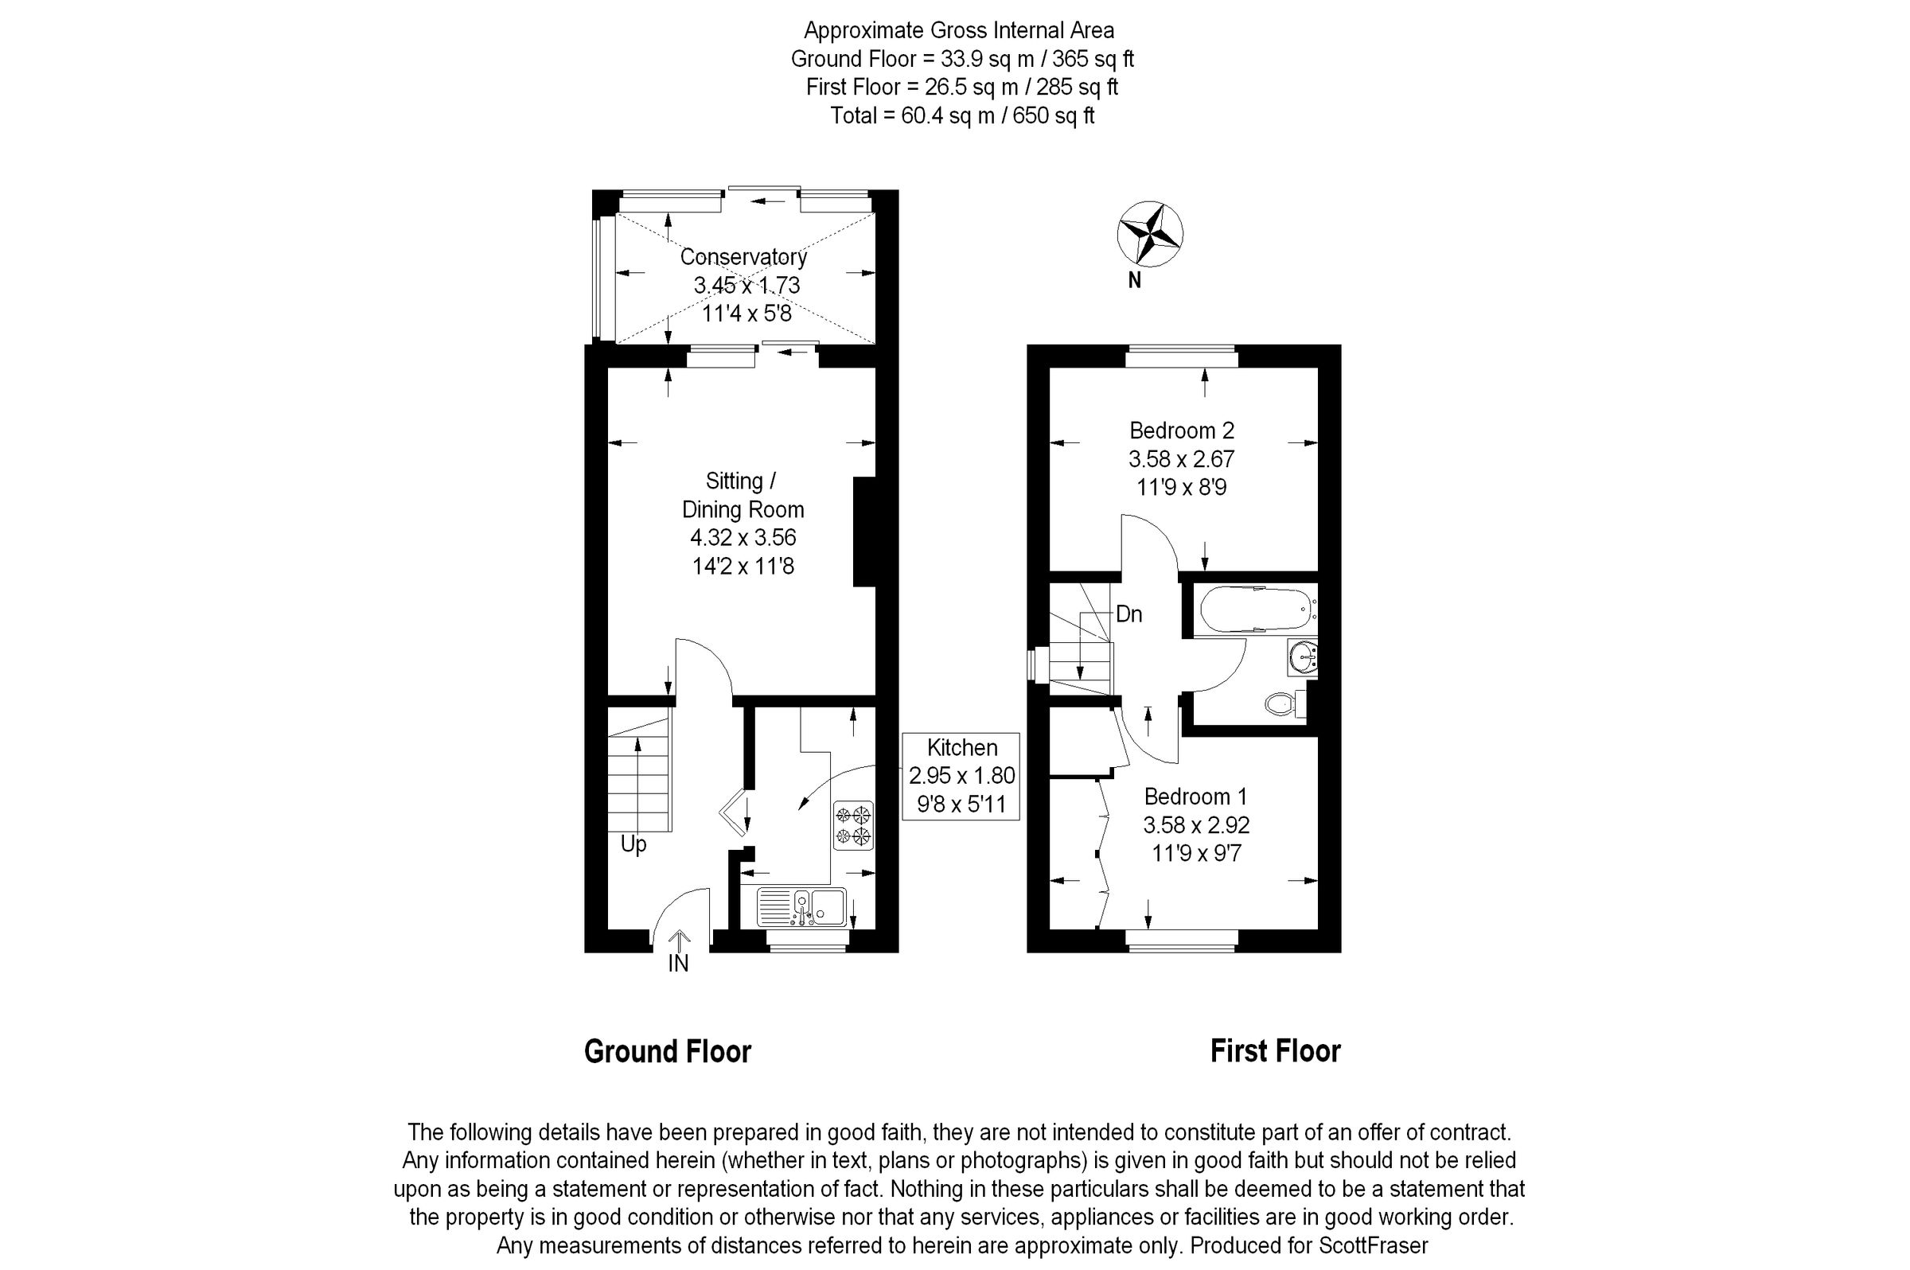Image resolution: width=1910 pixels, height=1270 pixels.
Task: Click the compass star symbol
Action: (x=1149, y=234)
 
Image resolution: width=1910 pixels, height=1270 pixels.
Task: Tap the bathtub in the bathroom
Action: (x=1254, y=609)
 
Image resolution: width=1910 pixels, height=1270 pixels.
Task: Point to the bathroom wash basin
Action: (x=1302, y=656)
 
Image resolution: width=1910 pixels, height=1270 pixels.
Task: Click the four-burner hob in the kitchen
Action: (x=854, y=825)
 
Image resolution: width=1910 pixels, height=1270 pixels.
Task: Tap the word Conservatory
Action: (x=743, y=257)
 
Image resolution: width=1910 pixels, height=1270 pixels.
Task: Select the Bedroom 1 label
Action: (x=1195, y=797)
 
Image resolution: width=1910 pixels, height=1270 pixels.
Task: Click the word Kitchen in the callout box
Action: (x=961, y=746)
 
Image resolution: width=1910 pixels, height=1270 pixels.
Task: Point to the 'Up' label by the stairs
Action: (x=633, y=845)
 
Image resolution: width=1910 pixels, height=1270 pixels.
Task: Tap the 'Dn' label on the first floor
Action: (x=1129, y=614)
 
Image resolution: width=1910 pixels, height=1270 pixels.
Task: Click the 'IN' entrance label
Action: (x=678, y=963)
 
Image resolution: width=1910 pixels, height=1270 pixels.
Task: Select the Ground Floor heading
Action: (x=668, y=1051)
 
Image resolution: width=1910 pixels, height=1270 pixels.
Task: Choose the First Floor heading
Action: (x=1275, y=1051)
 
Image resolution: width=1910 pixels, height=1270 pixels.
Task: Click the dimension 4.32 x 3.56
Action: (x=743, y=537)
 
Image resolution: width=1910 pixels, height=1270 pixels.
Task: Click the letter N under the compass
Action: (x=1135, y=280)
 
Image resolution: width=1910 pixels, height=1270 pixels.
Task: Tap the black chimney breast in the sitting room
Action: (x=865, y=532)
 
